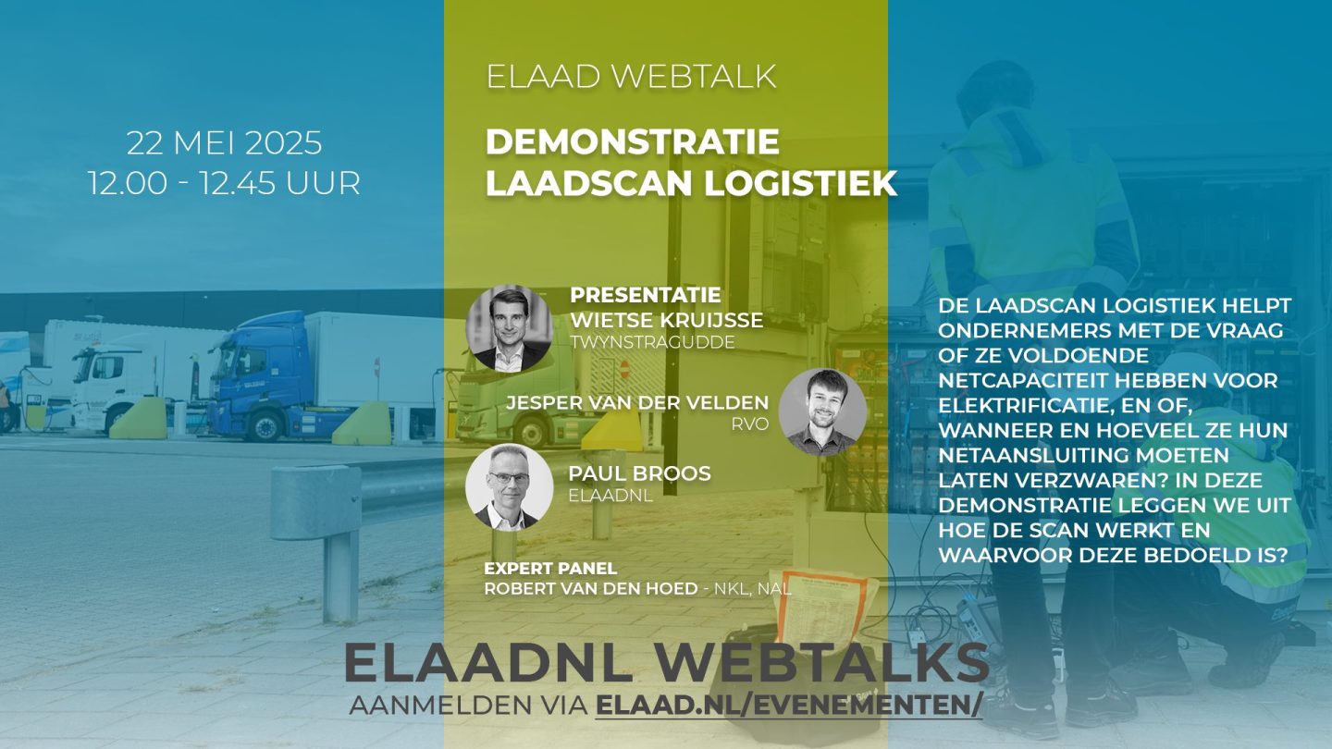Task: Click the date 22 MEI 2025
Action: click(224, 143)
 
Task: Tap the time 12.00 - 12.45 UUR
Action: click(225, 183)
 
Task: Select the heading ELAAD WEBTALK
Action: click(632, 77)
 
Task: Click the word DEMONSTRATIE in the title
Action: click(633, 142)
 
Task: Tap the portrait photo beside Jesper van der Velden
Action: click(822, 412)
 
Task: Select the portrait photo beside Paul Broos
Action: click(510, 486)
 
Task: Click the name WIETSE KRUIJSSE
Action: click(667, 320)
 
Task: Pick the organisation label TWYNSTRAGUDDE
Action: click(652, 342)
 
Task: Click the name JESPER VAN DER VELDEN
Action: click(637, 403)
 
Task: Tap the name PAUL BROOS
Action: click(640, 473)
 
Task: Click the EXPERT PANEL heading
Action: click(550, 569)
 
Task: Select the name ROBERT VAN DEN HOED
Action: click(591, 589)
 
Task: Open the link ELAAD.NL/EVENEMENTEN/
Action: click(789, 706)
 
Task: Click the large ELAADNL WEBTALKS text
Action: click(667, 662)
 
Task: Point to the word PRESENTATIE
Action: click(646, 295)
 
